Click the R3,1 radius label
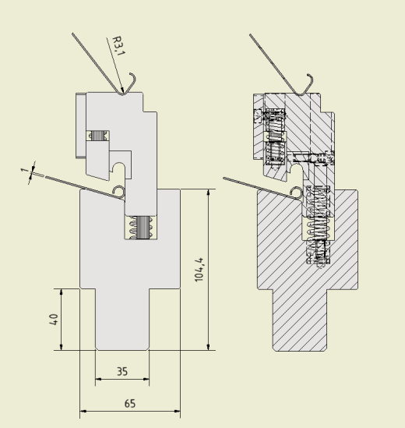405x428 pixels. point(119,46)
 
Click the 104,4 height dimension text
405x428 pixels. point(199,270)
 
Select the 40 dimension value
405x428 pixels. point(54,320)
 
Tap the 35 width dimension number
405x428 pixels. point(122,371)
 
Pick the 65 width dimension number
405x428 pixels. point(130,403)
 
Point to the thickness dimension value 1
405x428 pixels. point(25,170)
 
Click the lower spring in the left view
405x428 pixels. point(141,228)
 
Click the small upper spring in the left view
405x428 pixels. point(98,136)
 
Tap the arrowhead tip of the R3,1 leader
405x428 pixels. point(123,94)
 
